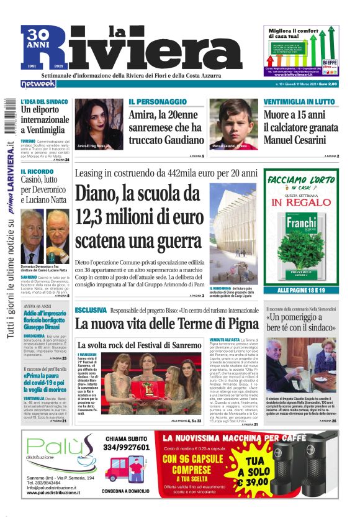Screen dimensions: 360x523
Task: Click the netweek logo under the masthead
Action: pos(39,84)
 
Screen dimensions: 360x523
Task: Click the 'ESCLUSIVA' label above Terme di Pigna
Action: pos(91,309)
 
